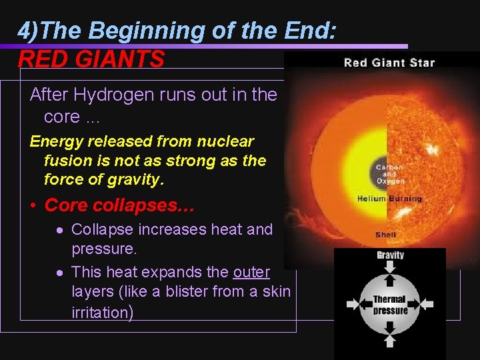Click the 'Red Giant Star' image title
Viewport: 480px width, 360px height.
pyautogui.click(x=389, y=63)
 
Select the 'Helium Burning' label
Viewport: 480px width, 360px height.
pyautogui.click(x=389, y=199)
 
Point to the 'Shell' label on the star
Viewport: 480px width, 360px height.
pyautogui.click(x=386, y=235)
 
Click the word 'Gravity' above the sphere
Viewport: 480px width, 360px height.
pyautogui.click(x=390, y=255)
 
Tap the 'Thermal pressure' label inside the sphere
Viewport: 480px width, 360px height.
pyautogui.click(x=390, y=305)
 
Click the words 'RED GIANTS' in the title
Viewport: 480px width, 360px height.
pyautogui.click(x=91, y=60)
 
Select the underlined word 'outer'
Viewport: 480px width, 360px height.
pyautogui.click(x=251, y=272)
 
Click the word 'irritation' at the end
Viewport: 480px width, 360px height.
pyautogui.click(x=100, y=312)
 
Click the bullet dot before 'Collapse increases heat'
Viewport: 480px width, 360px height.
pyautogui.click(x=60, y=230)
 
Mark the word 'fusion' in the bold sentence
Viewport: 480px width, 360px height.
pyautogui.click(x=65, y=161)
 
